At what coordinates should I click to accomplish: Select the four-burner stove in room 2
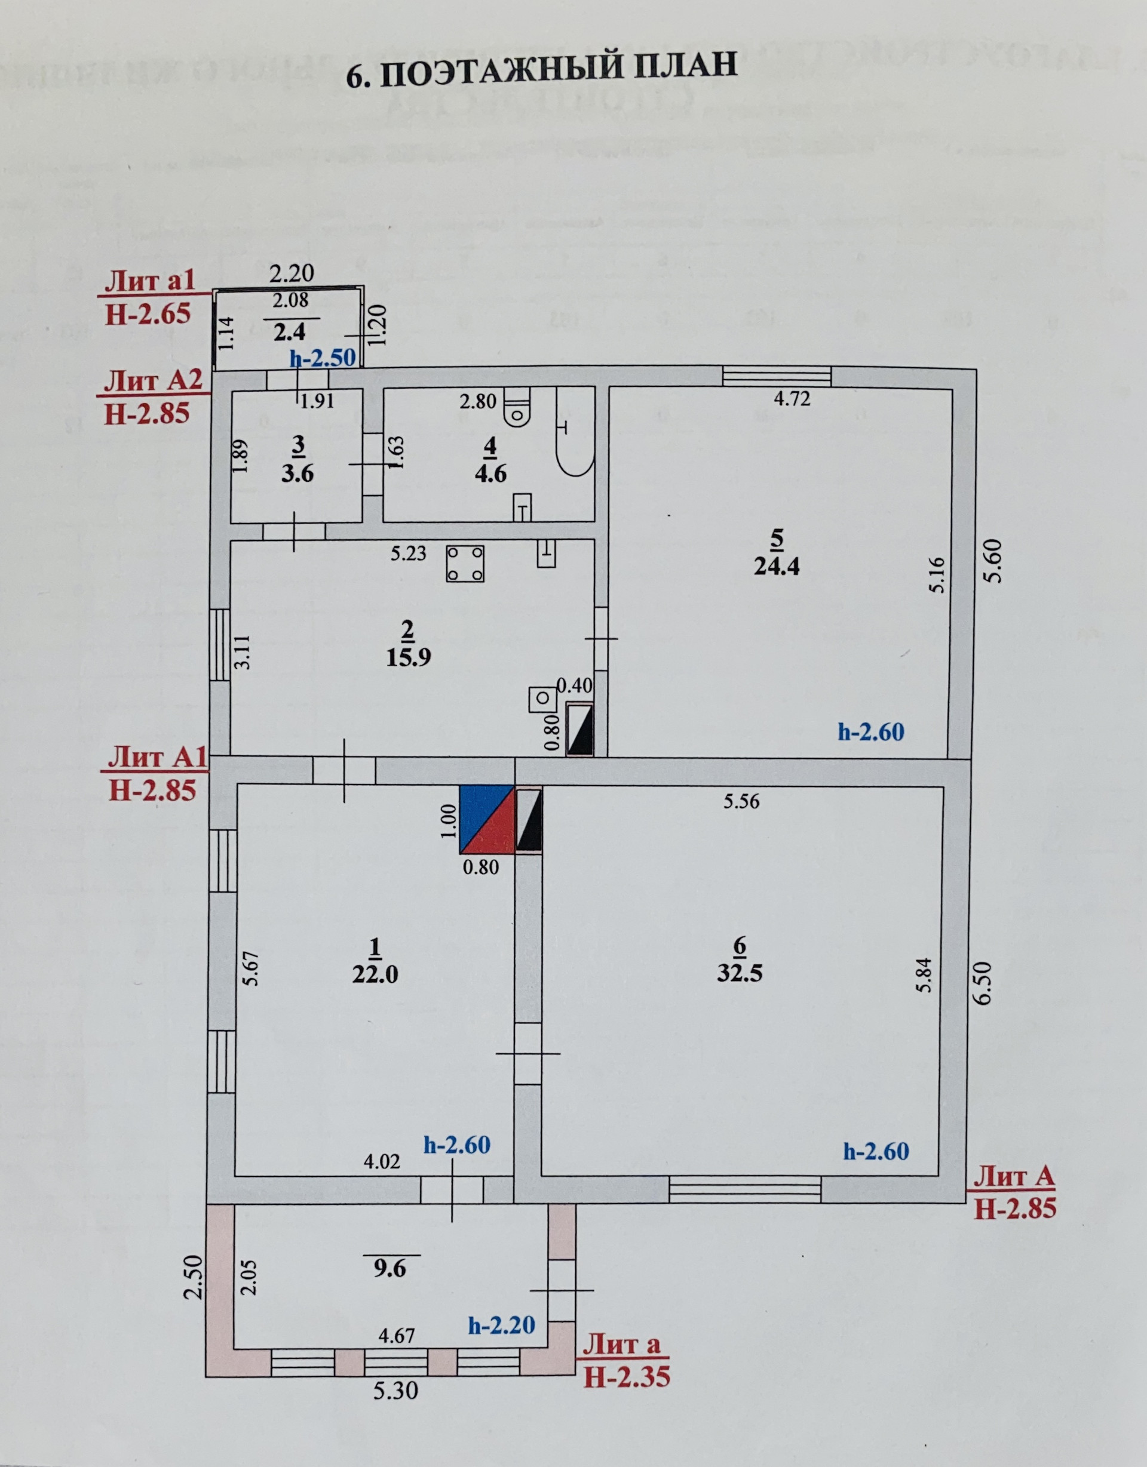tap(465, 564)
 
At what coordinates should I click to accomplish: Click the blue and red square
tap(486, 819)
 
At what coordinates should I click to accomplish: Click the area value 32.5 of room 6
tap(739, 974)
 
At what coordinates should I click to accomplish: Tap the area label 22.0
tap(375, 974)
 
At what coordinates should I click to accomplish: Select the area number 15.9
tap(408, 657)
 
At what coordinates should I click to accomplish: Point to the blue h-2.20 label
tap(501, 1324)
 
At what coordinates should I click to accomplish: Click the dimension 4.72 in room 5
tap(792, 399)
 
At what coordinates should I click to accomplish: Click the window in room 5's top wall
tap(777, 377)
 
